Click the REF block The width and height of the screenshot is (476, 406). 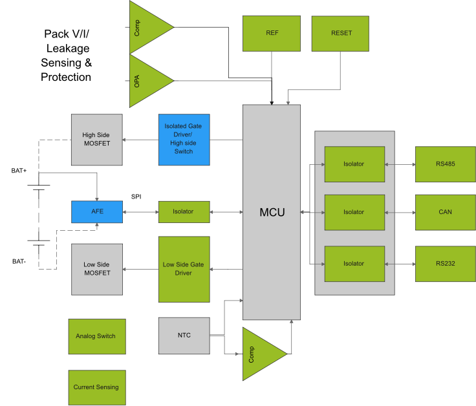point(272,33)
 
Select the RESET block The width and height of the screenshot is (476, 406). point(341,33)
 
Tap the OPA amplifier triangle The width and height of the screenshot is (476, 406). point(147,81)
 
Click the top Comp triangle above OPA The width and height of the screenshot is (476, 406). point(147,27)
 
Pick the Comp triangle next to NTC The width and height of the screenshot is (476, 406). point(261,354)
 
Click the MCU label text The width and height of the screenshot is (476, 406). point(272,212)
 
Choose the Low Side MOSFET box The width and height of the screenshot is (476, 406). point(97,269)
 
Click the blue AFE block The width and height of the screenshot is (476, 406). point(97,211)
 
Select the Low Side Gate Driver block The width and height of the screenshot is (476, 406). point(184,269)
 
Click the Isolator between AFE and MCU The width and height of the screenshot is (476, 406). point(184,211)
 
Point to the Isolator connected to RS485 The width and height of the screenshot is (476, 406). point(354,164)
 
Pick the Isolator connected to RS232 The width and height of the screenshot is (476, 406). point(354,264)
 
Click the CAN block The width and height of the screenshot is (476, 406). point(445,212)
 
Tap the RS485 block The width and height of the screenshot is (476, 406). point(445,164)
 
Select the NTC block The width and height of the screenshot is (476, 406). point(184,336)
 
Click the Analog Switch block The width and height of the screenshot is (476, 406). point(96,336)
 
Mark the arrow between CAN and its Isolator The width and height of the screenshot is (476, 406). point(400,212)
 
